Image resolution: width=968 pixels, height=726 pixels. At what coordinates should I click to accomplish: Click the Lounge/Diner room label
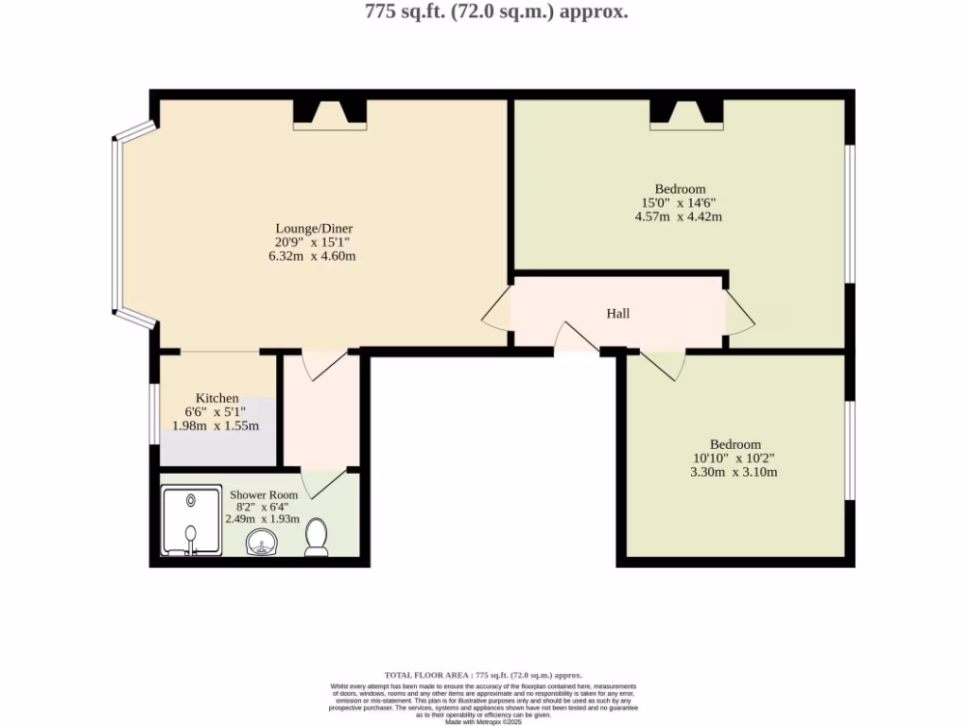point(314,229)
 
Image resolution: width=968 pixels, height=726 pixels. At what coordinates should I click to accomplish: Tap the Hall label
point(618,314)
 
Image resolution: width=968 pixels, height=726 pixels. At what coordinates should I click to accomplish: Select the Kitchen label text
point(216,398)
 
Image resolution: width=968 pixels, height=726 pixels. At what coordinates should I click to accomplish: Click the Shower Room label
point(264,495)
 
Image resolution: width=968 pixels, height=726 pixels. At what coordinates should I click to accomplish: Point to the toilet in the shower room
point(317,537)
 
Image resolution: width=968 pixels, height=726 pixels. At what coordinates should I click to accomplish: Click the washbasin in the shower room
point(262,542)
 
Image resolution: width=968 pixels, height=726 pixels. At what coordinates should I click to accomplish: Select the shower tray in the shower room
point(190,520)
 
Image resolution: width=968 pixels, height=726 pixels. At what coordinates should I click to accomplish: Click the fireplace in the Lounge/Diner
point(329,114)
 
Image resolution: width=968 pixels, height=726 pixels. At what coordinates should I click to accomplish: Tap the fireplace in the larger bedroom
point(686,114)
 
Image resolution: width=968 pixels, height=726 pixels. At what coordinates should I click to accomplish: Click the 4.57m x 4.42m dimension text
point(679,216)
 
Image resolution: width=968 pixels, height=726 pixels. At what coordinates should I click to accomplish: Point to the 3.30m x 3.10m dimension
point(735,472)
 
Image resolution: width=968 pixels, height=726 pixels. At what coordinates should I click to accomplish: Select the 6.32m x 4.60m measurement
point(313,256)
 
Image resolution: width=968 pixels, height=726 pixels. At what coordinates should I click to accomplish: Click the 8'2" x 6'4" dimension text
point(263,507)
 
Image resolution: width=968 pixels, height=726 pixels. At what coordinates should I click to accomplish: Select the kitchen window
point(154,413)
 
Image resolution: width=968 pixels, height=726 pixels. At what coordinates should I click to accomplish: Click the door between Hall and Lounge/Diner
point(497,309)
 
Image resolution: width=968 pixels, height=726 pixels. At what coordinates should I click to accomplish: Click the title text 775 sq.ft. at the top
point(496,12)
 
